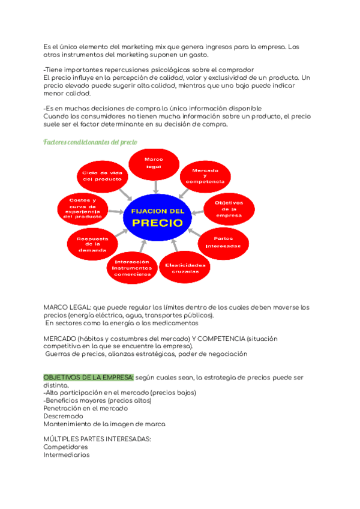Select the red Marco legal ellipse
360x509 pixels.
coord(154,163)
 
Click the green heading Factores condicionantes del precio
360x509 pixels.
coord(90,142)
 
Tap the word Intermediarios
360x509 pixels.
coord(66,455)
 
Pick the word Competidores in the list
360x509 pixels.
coord(64,447)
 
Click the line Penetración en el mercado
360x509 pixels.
coord(85,408)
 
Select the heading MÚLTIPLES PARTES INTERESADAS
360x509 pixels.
coord(97,439)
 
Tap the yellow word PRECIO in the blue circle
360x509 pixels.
coord(157,222)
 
